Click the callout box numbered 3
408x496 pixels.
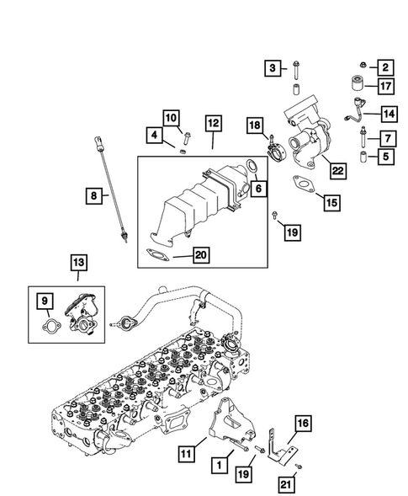tap(273, 67)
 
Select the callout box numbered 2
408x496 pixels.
tap(385, 67)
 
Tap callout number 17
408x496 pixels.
tap(385, 86)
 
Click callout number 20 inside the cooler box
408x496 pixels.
tap(200, 253)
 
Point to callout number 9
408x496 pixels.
tap(44, 299)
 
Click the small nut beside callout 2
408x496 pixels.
tap(361, 65)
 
